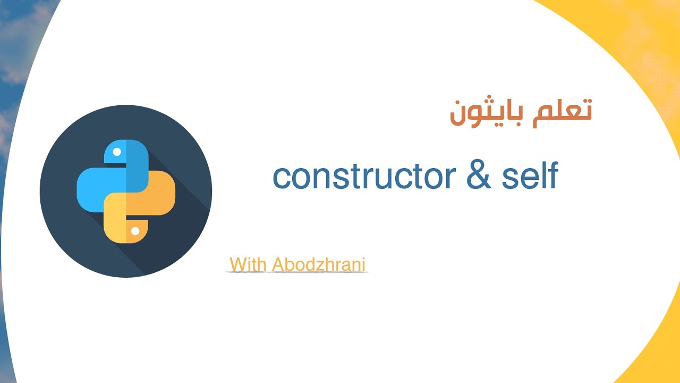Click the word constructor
(x=364, y=177)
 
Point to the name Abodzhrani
(x=319, y=264)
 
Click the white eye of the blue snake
(x=117, y=152)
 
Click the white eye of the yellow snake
(x=135, y=231)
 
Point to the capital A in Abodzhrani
(x=278, y=264)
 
